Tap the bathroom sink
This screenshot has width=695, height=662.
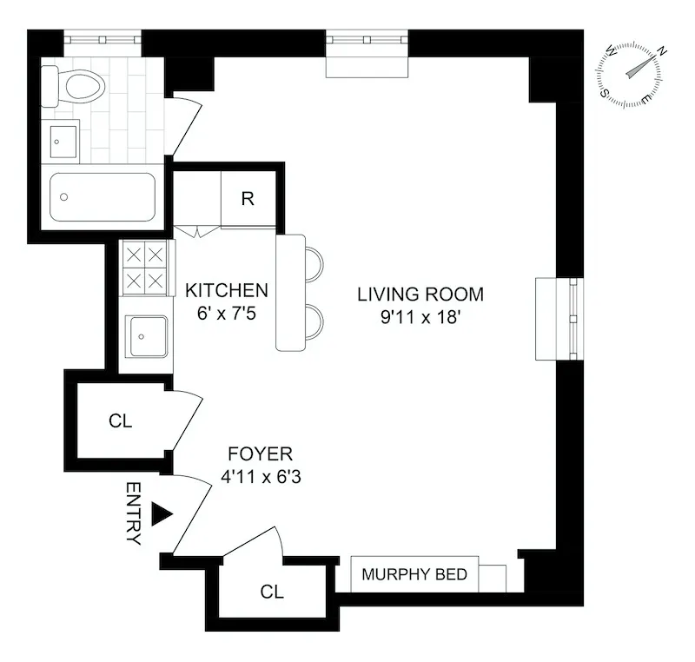pos(63,141)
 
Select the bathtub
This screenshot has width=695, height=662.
pos(103,198)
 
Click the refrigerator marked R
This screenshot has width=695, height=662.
pos(248,199)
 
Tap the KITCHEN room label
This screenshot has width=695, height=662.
pos(227,290)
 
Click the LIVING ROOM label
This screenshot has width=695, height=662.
pos(420,294)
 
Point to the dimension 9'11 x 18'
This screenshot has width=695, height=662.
pos(420,317)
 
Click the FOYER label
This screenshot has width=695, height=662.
pos(260,453)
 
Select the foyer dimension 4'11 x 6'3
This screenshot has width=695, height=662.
pos(260,476)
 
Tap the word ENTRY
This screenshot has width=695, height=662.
pos(133,513)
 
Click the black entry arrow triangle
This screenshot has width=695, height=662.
pos(162,513)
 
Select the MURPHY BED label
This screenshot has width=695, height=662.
pos(414,574)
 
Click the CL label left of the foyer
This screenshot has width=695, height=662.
pos(120,421)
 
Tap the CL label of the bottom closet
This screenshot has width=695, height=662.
pos(272,592)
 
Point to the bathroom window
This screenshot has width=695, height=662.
pos(103,39)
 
